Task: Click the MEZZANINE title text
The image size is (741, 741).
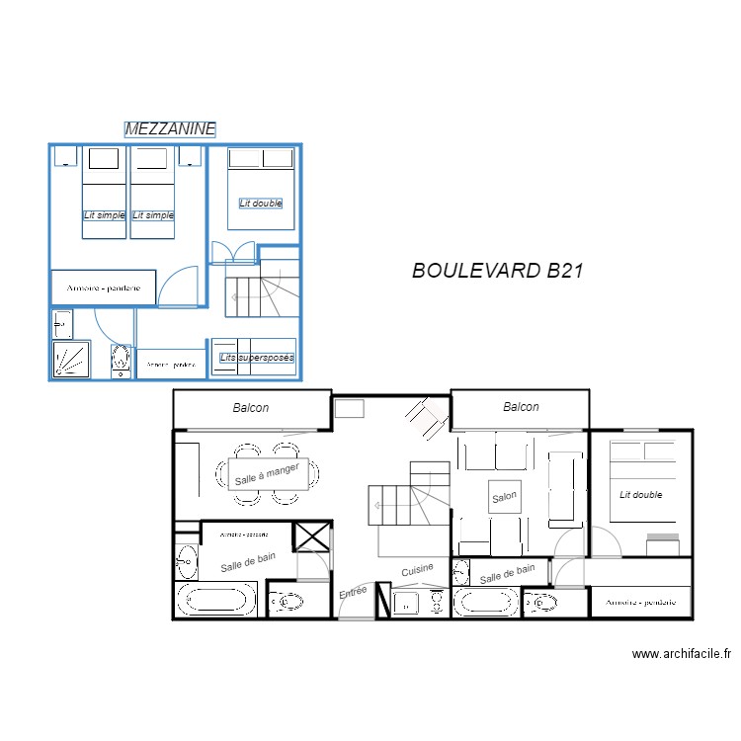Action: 170,129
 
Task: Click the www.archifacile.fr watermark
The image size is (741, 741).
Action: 682,653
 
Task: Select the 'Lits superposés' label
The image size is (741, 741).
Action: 256,358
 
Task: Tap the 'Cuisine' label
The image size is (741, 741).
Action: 417,570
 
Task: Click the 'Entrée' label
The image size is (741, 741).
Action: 353,593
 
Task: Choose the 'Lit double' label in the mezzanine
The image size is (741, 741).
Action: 261,203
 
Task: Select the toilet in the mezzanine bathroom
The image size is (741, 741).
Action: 121,361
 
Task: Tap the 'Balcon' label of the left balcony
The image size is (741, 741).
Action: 251,407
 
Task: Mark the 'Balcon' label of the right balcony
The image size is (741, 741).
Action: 521,407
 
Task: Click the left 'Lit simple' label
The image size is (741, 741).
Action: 103,215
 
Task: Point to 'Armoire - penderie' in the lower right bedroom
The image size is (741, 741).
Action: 639,602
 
